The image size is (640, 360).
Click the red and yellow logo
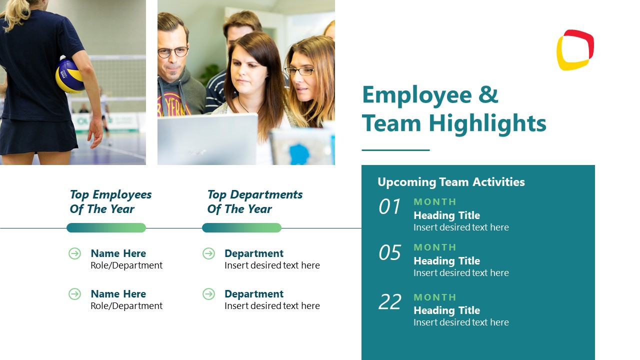(x=575, y=50)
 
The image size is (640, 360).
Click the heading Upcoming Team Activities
(x=451, y=182)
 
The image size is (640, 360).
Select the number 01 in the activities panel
(x=389, y=207)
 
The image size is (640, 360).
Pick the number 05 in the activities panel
(x=389, y=253)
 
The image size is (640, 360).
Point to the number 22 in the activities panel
(x=389, y=302)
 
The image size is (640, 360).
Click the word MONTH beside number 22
(x=435, y=297)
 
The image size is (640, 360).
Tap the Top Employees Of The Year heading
(x=110, y=201)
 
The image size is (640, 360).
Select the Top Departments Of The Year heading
(x=254, y=201)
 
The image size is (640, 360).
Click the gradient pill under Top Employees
(x=106, y=228)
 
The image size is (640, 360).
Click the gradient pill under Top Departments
(x=241, y=228)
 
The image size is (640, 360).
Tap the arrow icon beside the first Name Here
(x=74, y=253)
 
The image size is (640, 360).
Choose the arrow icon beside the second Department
(x=208, y=294)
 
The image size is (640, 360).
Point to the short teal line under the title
(x=395, y=150)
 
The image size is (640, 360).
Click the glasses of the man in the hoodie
(x=172, y=51)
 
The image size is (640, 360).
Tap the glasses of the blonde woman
(x=299, y=71)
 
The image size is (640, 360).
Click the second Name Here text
(x=118, y=294)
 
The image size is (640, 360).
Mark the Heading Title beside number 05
(x=446, y=261)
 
